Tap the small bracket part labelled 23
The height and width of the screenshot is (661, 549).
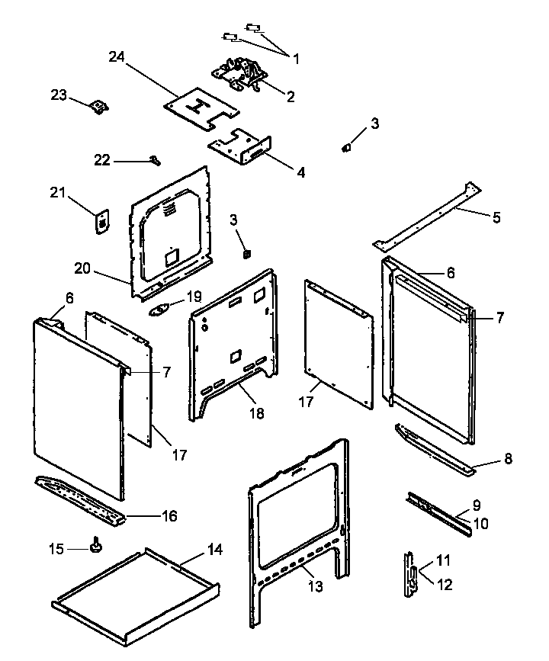tap(98, 107)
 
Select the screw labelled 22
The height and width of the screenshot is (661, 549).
tap(156, 160)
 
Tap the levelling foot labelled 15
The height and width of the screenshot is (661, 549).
tap(97, 544)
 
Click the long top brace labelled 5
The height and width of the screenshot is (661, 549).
tap(427, 215)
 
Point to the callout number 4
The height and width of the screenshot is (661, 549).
tap(300, 172)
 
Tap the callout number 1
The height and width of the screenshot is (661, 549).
tap(296, 58)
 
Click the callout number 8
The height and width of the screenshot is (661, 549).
tap(507, 458)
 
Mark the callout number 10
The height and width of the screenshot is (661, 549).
tap(482, 524)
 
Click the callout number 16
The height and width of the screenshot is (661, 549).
tap(169, 516)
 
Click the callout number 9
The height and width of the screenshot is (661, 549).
tap(477, 504)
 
